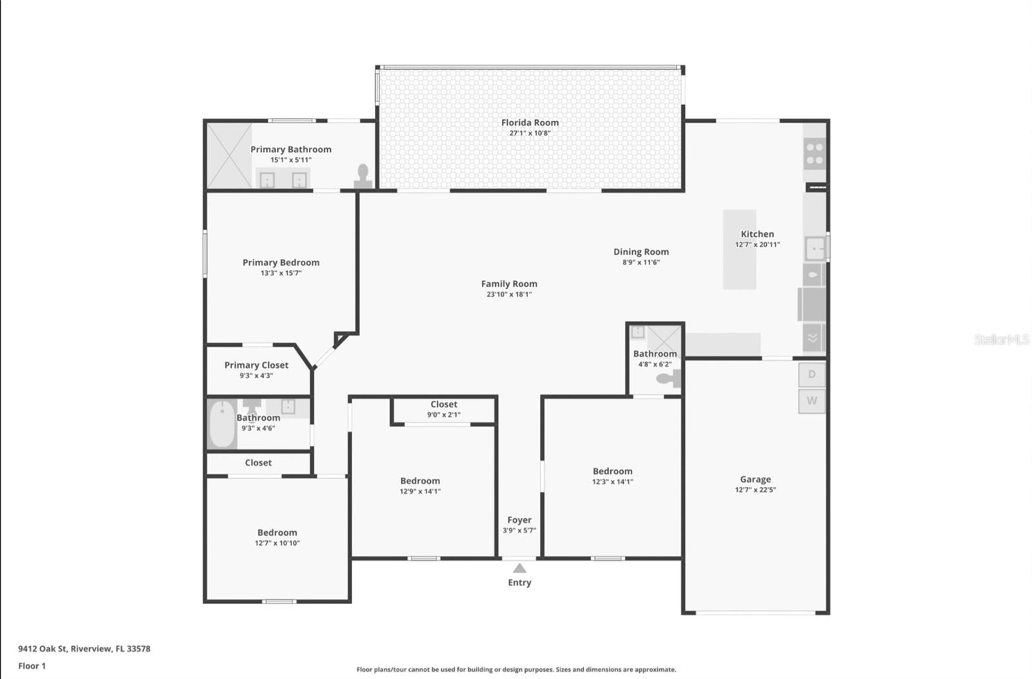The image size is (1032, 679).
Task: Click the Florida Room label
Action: pyautogui.click(x=530, y=123)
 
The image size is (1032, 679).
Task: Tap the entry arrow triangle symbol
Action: pyautogui.click(x=519, y=568)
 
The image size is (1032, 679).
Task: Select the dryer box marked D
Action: pyautogui.click(x=811, y=374)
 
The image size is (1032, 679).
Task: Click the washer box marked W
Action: pyautogui.click(x=811, y=401)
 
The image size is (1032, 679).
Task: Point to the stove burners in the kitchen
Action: pyautogui.click(x=815, y=154)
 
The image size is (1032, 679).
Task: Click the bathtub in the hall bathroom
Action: pyautogui.click(x=223, y=424)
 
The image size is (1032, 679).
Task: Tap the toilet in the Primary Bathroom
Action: pyautogui.click(x=363, y=176)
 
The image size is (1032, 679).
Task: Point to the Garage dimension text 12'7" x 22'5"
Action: pyautogui.click(x=755, y=490)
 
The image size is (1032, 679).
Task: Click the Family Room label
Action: pyautogui.click(x=509, y=284)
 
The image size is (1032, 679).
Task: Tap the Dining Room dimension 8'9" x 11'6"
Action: pyautogui.click(x=640, y=263)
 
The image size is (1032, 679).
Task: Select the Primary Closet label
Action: pyautogui.click(x=256, y=365)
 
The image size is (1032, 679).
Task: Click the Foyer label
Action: pyautogui.click(x=519, y=520)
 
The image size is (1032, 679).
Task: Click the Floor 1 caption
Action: pyautogui.click(x=32, y=666)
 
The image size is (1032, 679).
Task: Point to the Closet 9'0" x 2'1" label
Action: pyautogui.click(x=444, y=405)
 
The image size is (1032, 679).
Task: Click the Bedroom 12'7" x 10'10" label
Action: pyautogui.click(x=277, y=533)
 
